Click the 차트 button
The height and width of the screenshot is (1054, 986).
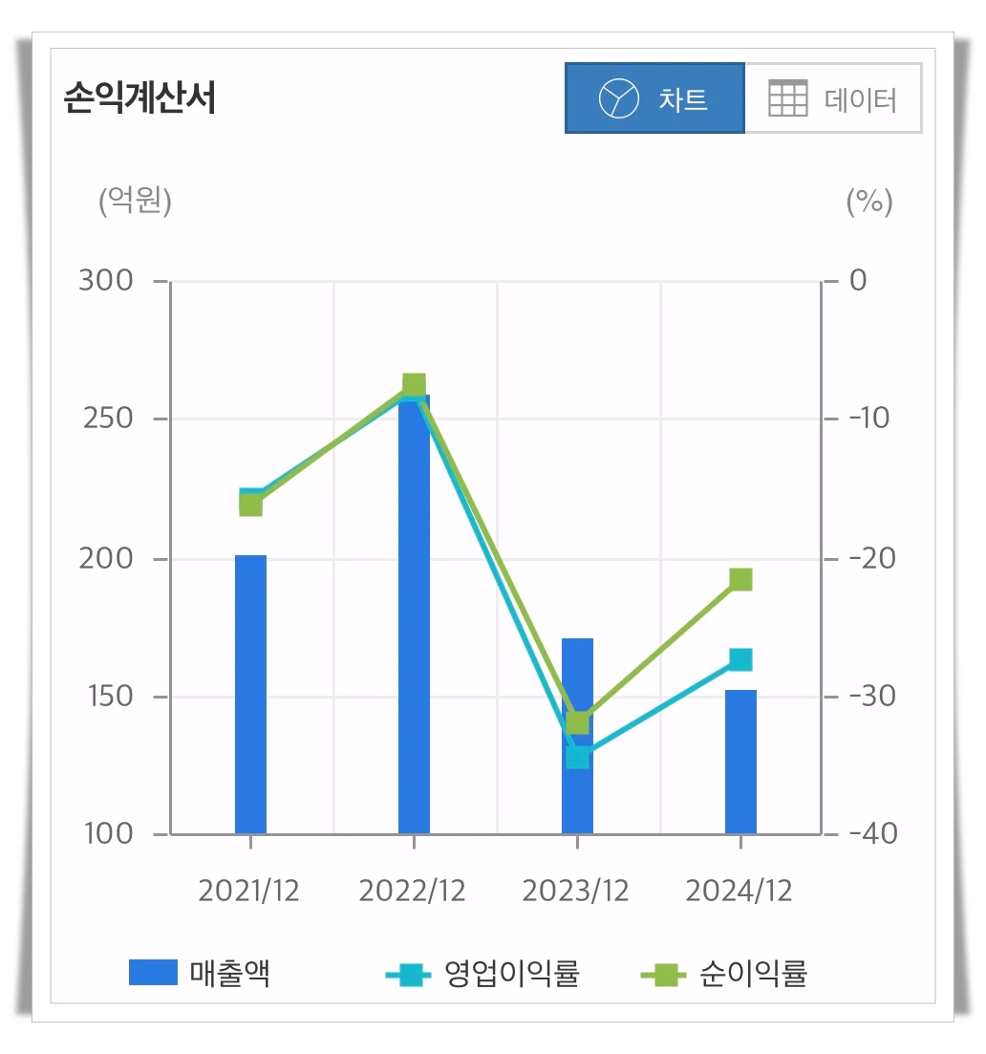tap(654, 98)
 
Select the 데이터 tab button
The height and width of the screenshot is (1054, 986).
tap(833, 98)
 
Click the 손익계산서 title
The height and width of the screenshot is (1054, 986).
tap(140, 98)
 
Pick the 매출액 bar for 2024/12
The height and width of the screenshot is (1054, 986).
tap(740, 762)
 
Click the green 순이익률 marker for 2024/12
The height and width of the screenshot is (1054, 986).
tap(741, 579)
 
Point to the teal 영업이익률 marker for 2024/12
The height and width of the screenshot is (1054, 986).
tap(741, 659)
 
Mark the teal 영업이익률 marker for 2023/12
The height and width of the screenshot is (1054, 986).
tap(578, 757)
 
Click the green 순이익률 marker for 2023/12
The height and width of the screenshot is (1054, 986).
tap(578, 722)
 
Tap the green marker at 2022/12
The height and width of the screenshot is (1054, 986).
tap(414, 385)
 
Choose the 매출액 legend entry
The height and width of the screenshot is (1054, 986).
tap(201, 974)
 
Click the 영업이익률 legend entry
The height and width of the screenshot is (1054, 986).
tap(482, 974)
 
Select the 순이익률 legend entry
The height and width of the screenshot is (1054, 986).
tap(726, 974)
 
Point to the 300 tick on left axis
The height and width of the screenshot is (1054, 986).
tap(107, 281)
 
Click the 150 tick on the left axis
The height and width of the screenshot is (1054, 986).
tap(107, 697)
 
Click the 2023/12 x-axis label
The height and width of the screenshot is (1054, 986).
tap(576, 891)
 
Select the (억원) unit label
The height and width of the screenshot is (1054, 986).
tap(135, 202)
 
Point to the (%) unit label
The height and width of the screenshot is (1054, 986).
tap(869, 202)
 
